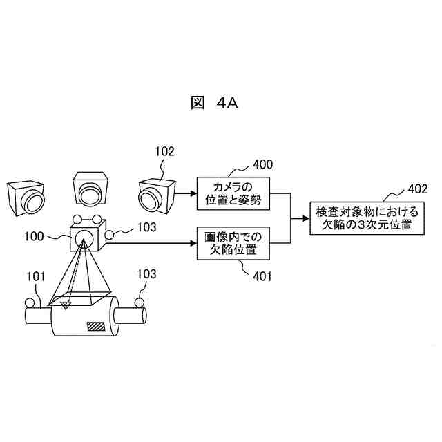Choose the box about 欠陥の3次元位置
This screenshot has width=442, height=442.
tap(363, 218)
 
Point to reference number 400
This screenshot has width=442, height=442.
tap(262, 164)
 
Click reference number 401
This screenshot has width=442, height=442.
tap(262, 277)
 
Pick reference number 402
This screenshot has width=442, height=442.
tap(417, 188)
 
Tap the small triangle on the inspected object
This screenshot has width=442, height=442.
tap(66, 304)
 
